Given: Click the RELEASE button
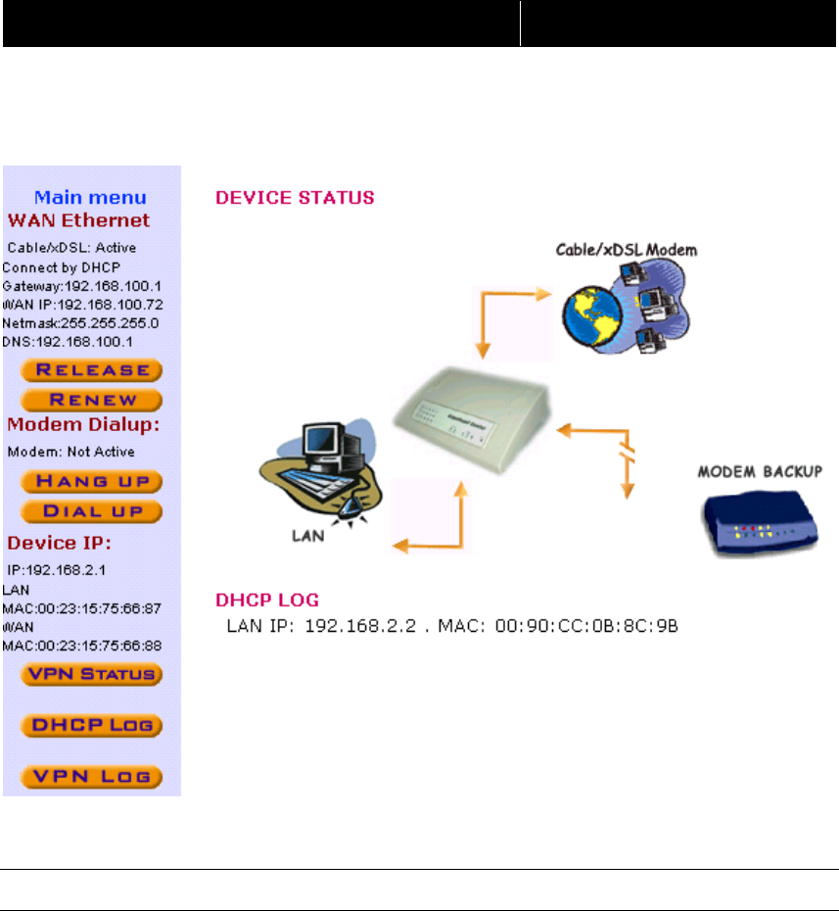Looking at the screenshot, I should point(92,370).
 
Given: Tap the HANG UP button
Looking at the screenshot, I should point(92,481).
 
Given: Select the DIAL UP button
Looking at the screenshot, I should point(92,511).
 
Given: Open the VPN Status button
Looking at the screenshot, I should point(92,674).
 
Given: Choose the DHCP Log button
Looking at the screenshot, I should point(92,727).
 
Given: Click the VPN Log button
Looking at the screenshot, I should point(92,777).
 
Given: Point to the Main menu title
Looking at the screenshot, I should point(91,198).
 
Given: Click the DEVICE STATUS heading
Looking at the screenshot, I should point(295,198).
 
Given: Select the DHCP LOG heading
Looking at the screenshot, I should point(267,599).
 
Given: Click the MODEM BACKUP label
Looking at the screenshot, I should point(759,472).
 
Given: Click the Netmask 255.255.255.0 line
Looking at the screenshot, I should point(81,322).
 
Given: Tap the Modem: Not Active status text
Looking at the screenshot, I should point(71,453).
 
